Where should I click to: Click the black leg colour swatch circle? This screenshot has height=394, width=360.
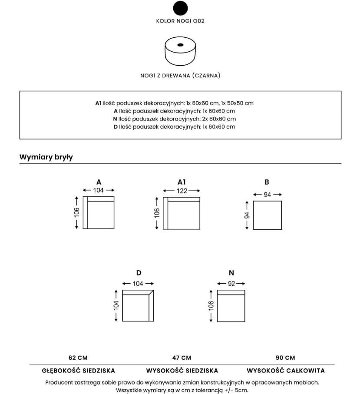coord(180,8)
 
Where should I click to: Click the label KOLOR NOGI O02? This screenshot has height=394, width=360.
coord(180,21)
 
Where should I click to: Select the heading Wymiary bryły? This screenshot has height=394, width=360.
coord(46,157)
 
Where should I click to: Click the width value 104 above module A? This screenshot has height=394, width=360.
coord(98,190)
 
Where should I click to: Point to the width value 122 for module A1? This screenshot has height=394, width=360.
coord(182,191)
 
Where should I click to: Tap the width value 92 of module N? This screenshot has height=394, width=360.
coord(231,284)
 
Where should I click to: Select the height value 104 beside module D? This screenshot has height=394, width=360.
coord(116,305)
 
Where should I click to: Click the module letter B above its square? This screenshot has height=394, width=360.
coord(267,182)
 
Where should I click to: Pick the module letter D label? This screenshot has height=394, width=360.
coord(139,273)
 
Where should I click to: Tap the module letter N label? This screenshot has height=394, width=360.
coord(231,273)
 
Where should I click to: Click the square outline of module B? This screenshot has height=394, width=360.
coord(267,215)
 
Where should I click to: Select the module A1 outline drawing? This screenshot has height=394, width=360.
coord(182,213)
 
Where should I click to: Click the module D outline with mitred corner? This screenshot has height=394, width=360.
coord(138,305)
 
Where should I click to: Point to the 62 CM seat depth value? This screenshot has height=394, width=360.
coord(78,358)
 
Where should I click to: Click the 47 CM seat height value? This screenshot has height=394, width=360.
coord(182,358)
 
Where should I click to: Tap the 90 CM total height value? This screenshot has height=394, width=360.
coord(285,358)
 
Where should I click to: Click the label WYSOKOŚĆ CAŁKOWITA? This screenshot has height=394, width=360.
coord(285,371)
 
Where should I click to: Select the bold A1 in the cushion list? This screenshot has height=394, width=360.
coord(98,103)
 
